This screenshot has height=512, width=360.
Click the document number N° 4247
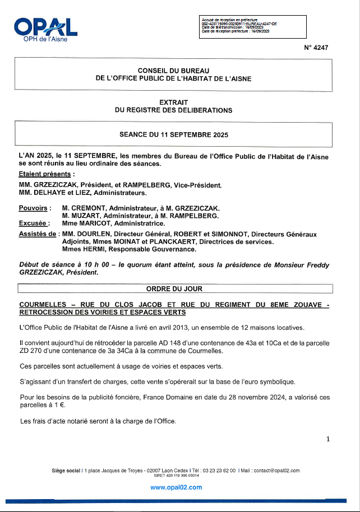[316, 48]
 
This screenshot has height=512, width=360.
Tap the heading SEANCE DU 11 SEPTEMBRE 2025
[174, 135]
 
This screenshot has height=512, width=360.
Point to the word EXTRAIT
[174, 102]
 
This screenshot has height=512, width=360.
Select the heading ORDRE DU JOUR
[174, 289]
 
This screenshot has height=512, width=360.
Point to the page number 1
[327, 439]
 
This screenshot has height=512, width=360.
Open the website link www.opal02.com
[176, 487]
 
